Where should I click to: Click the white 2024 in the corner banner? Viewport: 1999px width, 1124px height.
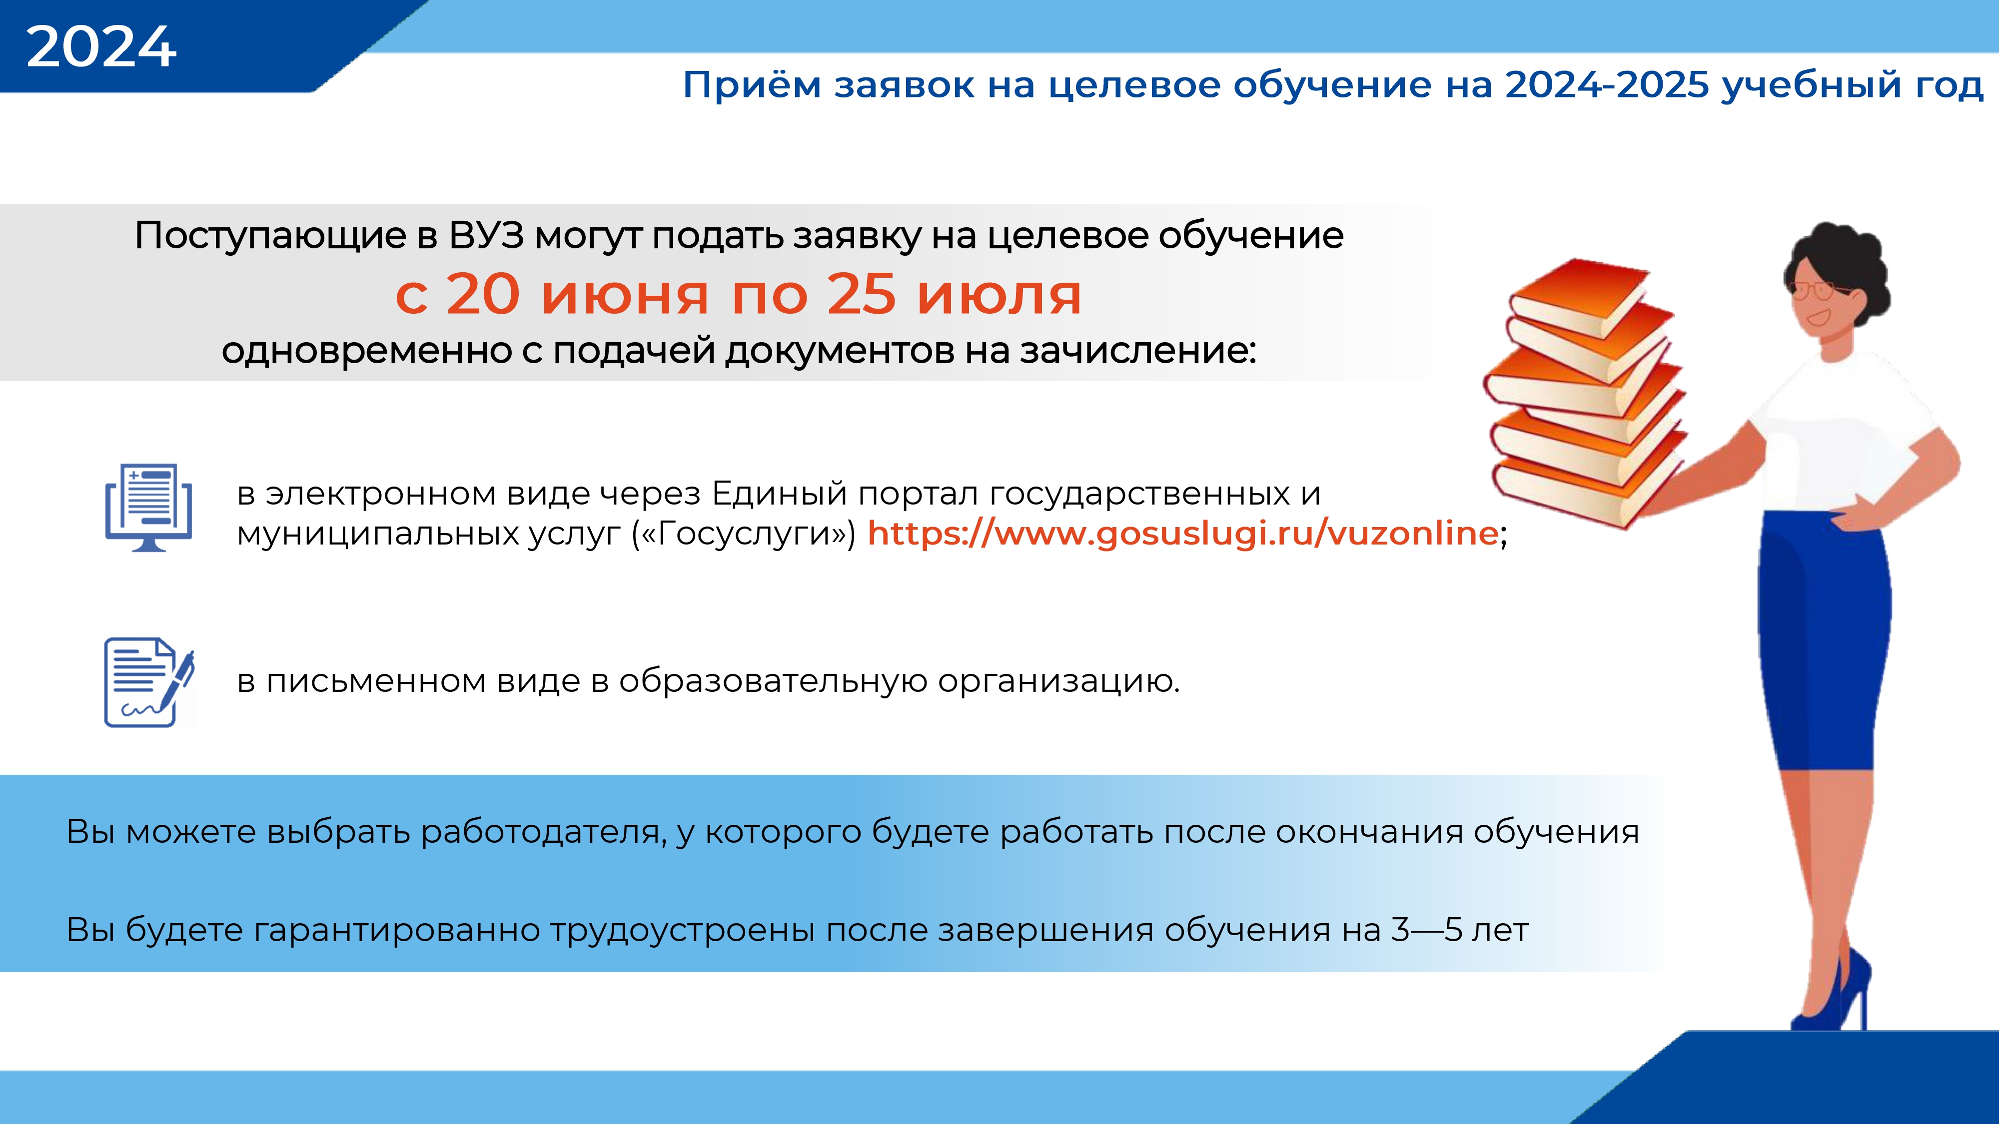[101, 46]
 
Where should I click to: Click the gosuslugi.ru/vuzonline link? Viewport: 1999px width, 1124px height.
[1182, 533]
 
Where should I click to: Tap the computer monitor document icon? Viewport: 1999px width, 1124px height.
[148, 508]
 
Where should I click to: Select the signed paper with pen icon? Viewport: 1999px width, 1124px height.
[149, 682]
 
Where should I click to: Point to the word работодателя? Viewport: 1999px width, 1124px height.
[543, 832]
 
